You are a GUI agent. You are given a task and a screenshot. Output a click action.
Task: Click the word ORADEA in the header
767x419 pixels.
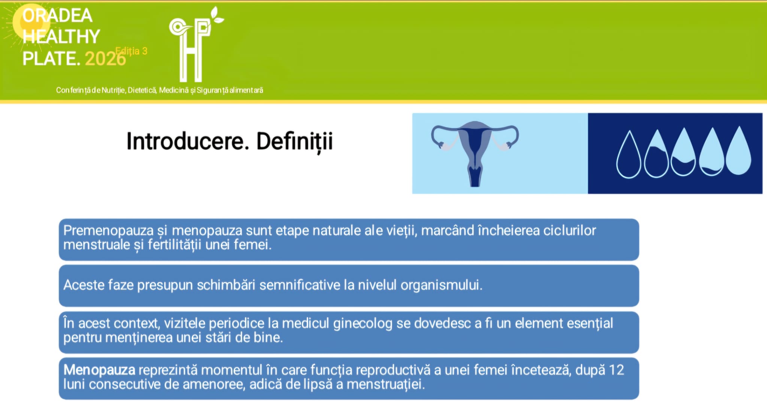click(57, 16)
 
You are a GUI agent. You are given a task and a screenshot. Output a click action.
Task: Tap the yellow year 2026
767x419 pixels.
click(106, 59)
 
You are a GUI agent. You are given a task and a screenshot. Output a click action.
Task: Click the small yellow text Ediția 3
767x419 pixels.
click(131, 51)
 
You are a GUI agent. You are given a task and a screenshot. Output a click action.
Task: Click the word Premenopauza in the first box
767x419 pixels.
click(109, 230)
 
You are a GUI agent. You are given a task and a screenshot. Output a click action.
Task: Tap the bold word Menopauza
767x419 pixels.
click(99, 370)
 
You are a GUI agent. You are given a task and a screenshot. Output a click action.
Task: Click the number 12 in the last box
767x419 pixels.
click(616, 370)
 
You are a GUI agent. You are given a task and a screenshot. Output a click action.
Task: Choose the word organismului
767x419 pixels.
click(441, 285)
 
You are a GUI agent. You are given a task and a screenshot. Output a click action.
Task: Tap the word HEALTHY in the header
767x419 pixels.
click(61, 37)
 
